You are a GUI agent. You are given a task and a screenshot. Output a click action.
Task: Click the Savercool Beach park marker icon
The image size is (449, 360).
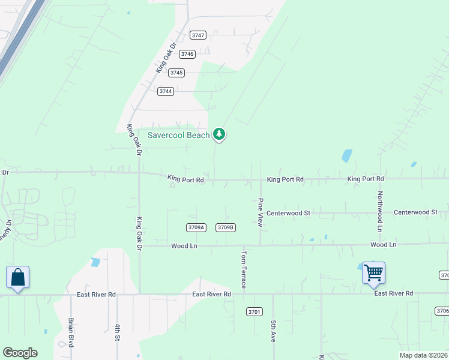pos(220,134)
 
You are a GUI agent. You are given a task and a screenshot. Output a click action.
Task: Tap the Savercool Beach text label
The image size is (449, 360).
pos(179,135)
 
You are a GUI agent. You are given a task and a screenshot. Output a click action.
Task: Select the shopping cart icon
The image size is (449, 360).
pos(373,273)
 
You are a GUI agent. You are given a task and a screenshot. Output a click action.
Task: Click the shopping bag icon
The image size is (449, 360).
pos(17,277)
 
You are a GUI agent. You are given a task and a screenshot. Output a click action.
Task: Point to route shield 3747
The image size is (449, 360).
pos(198,35)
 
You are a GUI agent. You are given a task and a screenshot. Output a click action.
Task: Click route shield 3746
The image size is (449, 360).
pos(187,54)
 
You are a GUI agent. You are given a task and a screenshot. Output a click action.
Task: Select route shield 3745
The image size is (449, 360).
pos(176,73)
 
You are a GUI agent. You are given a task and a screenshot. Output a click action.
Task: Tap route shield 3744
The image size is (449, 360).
pos(166,91)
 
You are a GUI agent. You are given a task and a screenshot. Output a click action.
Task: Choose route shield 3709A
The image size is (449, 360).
pos(196,227)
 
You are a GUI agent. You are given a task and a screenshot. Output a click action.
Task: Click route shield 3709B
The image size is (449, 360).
pos(226,227)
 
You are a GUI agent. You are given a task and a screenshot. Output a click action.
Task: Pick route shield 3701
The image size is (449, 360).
pos(255,311)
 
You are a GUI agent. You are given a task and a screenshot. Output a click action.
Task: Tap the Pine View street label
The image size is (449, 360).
pos(261,212)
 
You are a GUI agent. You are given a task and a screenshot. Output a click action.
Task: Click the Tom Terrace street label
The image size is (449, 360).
pos(244,269)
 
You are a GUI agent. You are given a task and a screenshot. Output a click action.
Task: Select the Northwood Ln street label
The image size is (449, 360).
pos(380,212)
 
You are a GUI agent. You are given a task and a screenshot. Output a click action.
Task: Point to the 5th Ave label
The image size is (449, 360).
pos(273,331)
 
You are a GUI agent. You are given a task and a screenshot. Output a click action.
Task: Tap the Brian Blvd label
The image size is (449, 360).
pos(71,332)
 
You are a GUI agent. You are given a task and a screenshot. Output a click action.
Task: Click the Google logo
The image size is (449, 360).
pos(20,353)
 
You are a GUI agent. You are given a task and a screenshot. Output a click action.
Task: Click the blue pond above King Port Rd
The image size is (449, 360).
pos(347,156)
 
